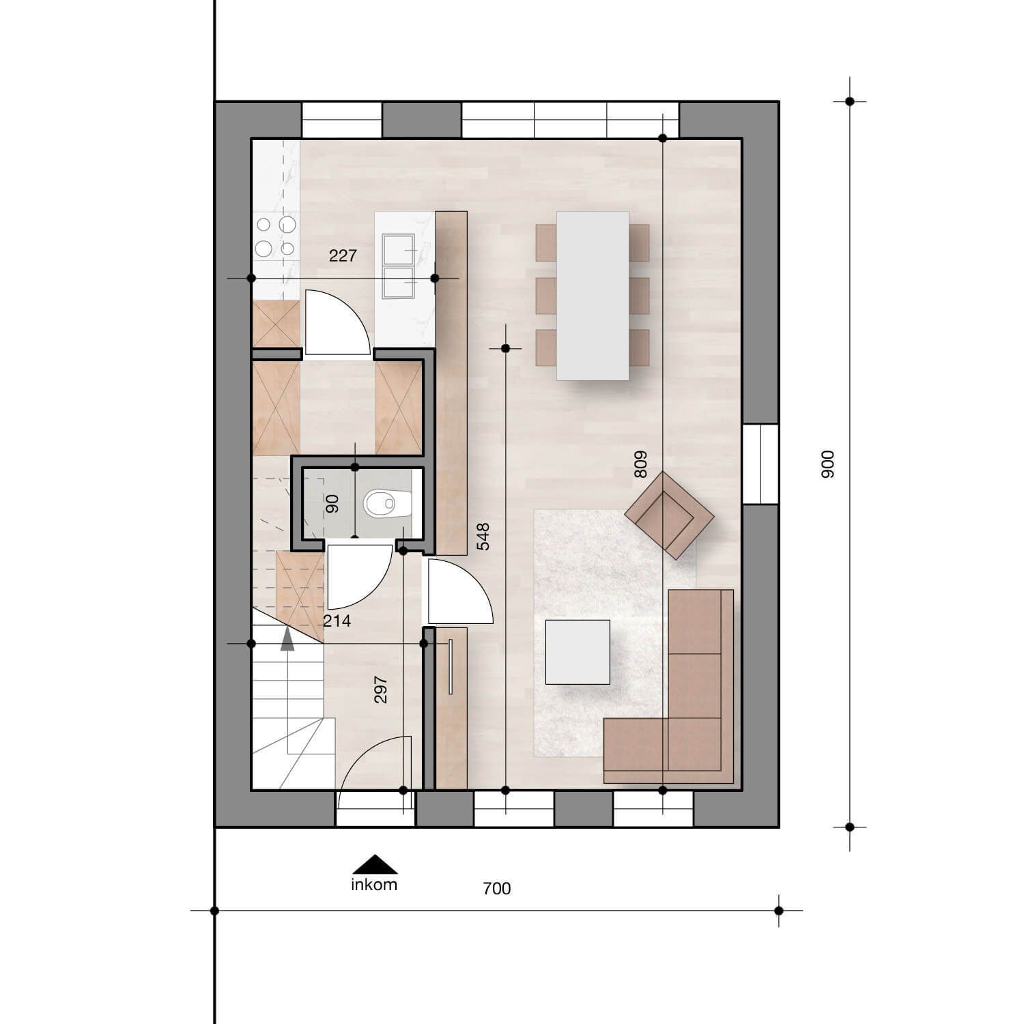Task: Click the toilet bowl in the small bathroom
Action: [x=380, y=504]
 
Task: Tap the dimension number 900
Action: [x=827, y=464]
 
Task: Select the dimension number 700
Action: [x=496, y=888]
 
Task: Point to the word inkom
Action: [x=374, y=885]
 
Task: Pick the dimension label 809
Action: [x=640, y=464]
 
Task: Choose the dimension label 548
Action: [x=483, y=537]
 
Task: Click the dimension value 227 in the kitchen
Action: [x=343, y=256]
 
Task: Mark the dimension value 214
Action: [x=337, y=621]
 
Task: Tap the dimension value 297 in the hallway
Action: [x=381, y=689]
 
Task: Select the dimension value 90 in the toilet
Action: [x=332, y=504]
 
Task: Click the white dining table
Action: [x=593, y=295]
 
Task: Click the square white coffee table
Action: [x=578, y=651]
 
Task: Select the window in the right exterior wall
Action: [x=760, y=464]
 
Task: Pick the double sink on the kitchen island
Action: [x=398, y=266]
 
